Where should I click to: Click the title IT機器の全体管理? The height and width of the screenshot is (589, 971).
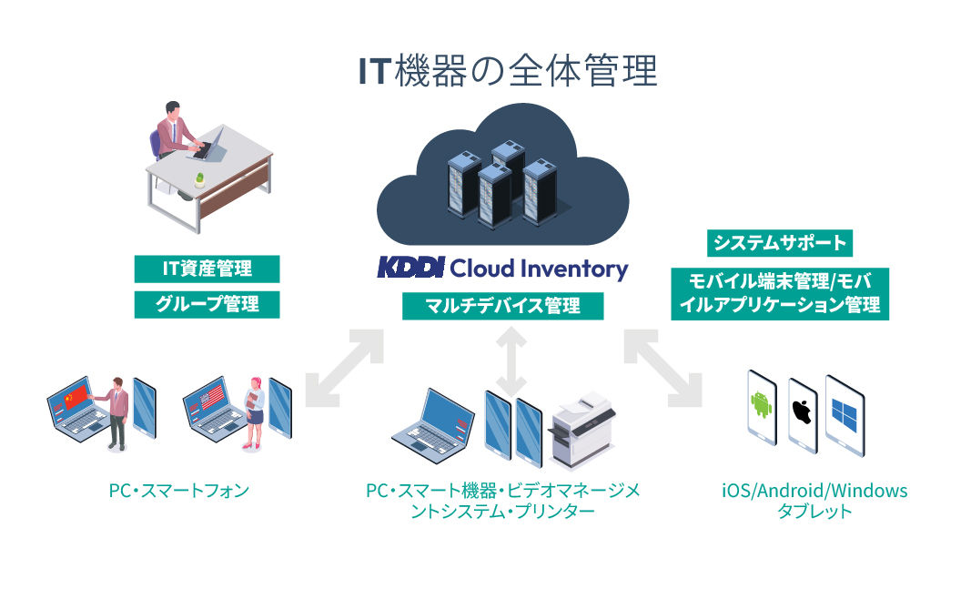508,71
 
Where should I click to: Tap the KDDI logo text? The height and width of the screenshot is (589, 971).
411,268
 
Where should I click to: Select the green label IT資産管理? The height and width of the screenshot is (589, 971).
207,269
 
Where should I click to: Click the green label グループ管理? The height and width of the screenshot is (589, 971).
207,304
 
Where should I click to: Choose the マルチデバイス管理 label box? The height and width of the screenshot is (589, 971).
503,306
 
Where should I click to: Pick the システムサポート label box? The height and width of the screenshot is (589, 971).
780,242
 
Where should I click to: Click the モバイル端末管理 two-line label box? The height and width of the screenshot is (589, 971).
780,293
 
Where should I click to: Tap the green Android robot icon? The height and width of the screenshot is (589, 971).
762,405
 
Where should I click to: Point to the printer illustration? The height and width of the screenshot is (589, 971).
582,431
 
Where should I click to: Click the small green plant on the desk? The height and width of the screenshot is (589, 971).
199,180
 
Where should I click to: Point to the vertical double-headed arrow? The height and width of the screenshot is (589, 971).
511,361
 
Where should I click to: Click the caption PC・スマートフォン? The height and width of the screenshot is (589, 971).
179,491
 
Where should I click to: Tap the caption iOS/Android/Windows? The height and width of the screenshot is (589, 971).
814,491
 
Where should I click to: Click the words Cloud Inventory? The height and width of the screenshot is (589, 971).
539,269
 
